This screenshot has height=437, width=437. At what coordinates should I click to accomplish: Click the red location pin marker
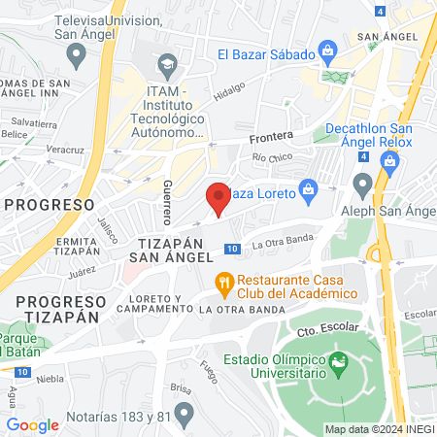click(x=218, y=197)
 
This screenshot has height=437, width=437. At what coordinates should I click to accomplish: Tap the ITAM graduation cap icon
click(x=166, y=66)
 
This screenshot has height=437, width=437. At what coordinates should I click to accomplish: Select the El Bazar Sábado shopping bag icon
click(x=328, y=50)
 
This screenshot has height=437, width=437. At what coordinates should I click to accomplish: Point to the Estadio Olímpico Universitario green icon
click(x=339, y=365)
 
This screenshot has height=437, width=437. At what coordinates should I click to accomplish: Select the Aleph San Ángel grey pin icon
click(x=363, y=183)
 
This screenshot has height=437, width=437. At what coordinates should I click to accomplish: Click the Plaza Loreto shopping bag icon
click(x=308, y=188)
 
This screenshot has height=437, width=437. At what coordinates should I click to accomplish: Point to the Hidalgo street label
click(x=230, y=89)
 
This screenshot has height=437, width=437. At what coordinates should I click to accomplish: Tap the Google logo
click(x=32, y=424)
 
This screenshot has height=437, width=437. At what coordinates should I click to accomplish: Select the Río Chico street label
click(x=271, y=157)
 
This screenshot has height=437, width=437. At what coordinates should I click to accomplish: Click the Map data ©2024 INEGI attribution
click(x=379, y=428)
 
